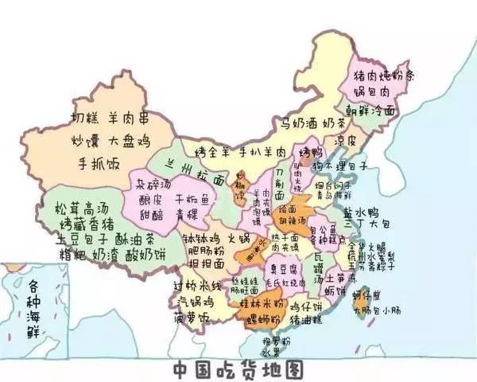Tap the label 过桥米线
(197, 286)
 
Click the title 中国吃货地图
(238, 369)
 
